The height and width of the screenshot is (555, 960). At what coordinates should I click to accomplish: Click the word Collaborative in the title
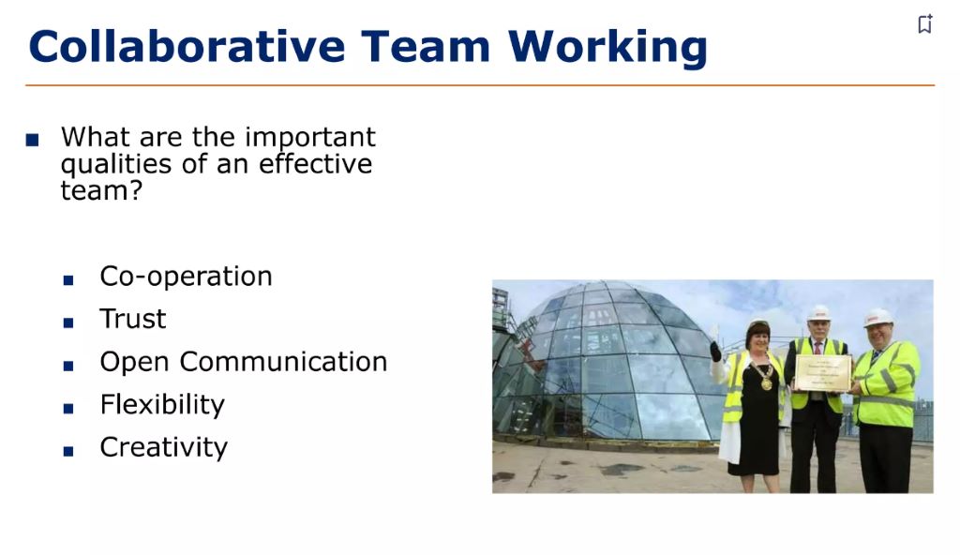[x=186, y=47]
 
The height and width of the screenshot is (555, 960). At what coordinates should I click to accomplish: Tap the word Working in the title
[x=607, y=47]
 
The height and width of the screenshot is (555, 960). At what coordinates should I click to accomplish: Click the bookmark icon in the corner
[x=925, y=23]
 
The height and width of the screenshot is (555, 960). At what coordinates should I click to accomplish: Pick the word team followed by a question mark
[x=101, y=191]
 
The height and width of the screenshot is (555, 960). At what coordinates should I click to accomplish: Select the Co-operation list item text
[x=186, y=277]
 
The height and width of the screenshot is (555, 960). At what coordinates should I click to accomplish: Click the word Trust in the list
[x=132, y=320]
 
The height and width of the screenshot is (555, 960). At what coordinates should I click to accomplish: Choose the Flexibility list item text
[x=162, y=405]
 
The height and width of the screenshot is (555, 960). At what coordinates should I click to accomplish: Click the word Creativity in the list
[x=163, y=447]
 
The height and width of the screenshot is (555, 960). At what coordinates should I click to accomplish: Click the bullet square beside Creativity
[x=68, y=450]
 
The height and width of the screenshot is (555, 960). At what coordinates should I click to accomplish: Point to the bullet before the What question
[x=33, y=141]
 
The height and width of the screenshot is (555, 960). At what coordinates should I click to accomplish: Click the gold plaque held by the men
[x=822, y=373]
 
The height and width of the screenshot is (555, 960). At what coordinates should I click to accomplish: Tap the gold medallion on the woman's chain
[x=765, y=383]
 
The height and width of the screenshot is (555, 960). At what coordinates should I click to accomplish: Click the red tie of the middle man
[x=818, y=348]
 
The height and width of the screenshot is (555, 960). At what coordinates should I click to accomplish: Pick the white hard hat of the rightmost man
[x=877, y=317]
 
